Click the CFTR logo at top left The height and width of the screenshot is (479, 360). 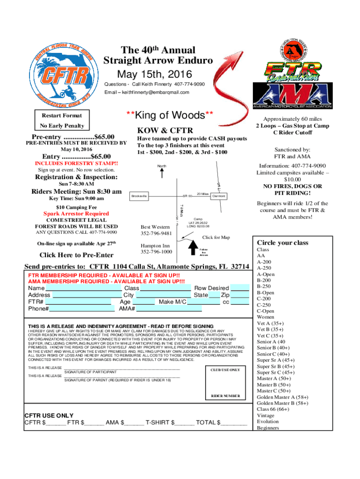61,75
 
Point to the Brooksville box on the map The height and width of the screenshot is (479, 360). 139,196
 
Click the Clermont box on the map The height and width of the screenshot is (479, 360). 218,196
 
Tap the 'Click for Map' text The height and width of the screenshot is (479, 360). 216,237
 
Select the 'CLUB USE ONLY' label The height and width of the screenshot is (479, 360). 225,370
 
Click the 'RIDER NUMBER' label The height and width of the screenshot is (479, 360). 225,396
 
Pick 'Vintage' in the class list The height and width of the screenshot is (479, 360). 266,415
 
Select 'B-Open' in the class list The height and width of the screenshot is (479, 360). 266,293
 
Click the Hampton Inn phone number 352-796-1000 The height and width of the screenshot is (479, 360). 156,252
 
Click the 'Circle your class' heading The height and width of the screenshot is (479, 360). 282,243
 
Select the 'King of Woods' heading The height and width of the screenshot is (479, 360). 170,115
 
